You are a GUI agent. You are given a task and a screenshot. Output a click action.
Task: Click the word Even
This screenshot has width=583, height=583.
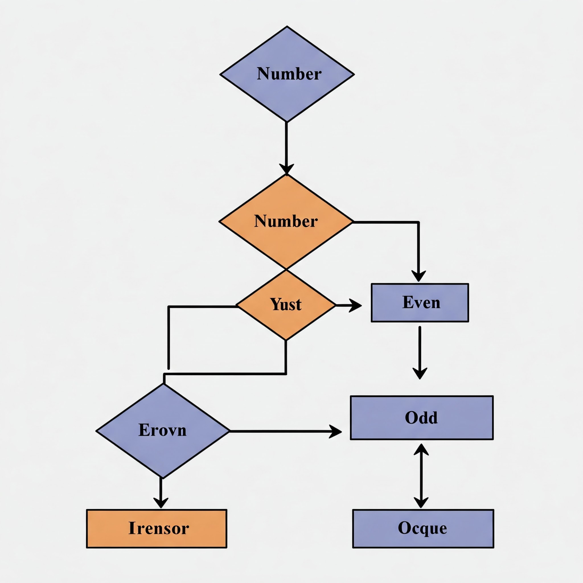pos(421,302)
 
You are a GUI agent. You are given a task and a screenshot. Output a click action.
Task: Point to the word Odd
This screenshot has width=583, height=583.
pos(421,418)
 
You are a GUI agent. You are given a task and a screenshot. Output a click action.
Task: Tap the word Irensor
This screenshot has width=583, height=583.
pos(159,528)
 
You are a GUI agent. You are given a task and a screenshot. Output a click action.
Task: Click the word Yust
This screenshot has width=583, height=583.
pos(286,304)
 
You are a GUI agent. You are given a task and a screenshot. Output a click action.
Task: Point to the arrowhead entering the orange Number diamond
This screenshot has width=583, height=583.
pos(286,169)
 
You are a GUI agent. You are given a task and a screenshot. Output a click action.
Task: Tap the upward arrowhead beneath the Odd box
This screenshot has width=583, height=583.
pos(421,449)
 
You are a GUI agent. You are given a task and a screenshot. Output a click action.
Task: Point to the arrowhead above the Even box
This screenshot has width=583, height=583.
pos(418,276)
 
